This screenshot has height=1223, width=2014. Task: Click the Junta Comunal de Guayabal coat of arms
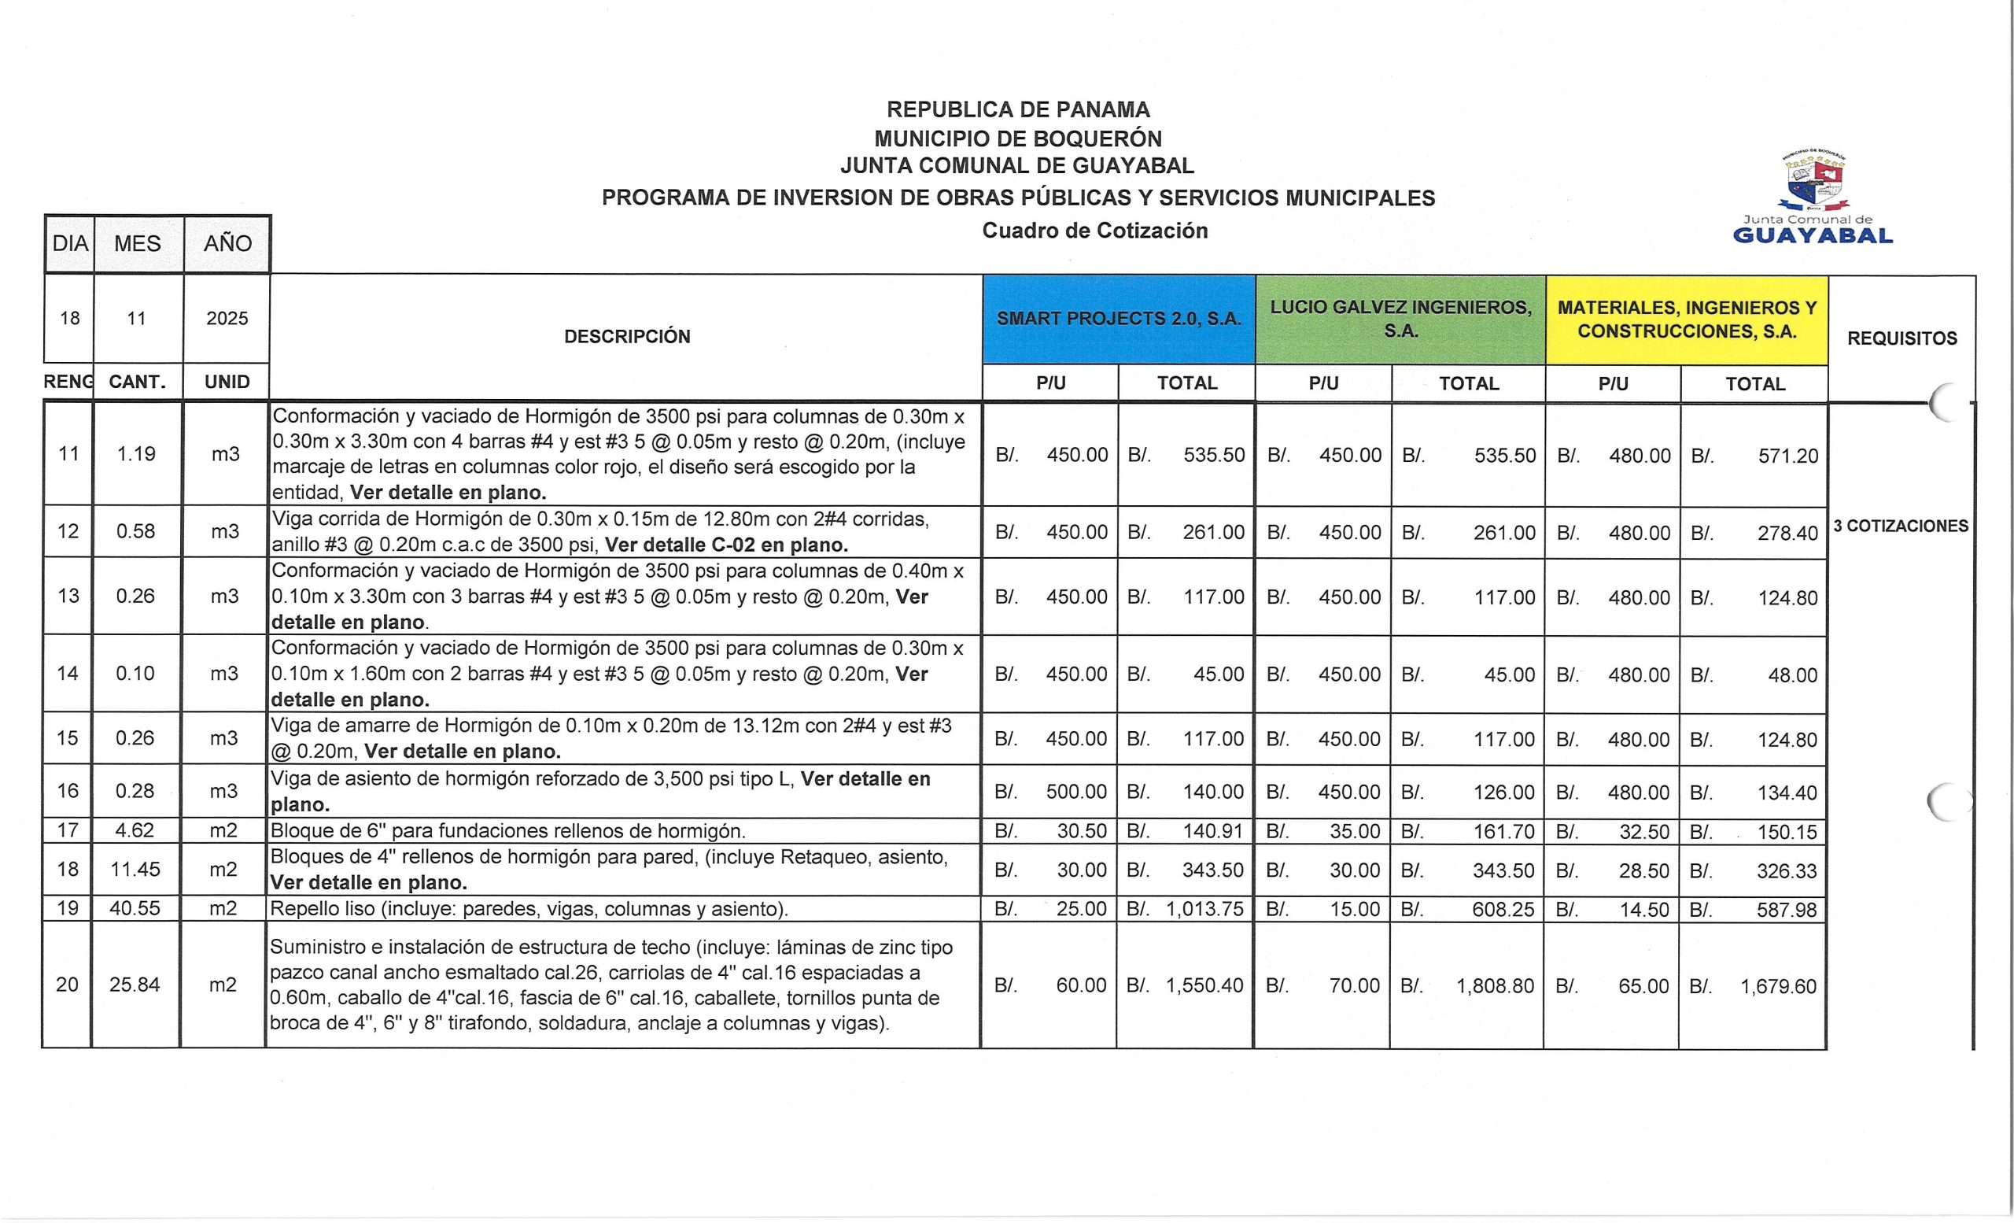[x=1811, y=182]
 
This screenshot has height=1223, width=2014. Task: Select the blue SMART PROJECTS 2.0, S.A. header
[x=1118, y=319]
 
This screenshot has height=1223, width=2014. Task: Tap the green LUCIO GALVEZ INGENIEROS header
[x=1400, y=319]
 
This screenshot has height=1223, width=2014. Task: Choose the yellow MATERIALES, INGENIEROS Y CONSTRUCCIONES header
[x=1686, y=319]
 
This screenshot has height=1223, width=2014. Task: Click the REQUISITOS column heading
[x=1901, y=338]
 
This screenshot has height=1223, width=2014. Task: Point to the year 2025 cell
[x=227, y=318]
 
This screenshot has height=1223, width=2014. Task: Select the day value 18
[x=69, y=318]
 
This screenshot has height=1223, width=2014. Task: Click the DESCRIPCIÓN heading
[x=627, y=336]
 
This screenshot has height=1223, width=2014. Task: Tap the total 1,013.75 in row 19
[x=1204, y=909]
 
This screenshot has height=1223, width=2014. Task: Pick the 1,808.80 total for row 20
[x=1494, y=986]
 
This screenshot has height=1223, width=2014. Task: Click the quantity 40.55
[x=135, y=908]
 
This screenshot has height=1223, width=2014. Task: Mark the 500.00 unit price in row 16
[x=1075, y=792]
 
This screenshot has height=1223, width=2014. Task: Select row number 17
[x=67, y=830]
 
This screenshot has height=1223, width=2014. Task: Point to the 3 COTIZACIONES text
[x=1901, y=526]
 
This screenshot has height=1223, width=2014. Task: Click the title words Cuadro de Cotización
[x=1094, y=231]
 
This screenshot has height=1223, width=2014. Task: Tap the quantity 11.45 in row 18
[x=135, y=869]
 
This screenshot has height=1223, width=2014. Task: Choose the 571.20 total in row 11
[x=1787, y=456]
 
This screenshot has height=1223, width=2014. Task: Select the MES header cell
[x=138, y=244]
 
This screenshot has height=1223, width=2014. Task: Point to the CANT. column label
[x=138, y=382]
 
